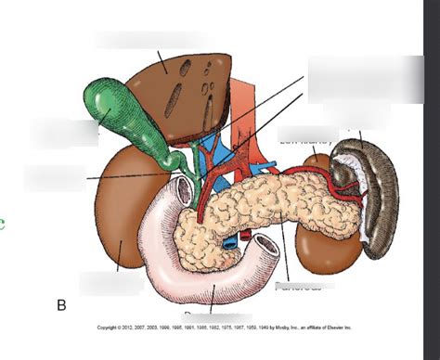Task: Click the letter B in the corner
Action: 62,304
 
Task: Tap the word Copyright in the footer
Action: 109,328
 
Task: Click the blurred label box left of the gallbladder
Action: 63,133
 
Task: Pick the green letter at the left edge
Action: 3,224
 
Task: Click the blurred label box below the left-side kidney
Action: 110,282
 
